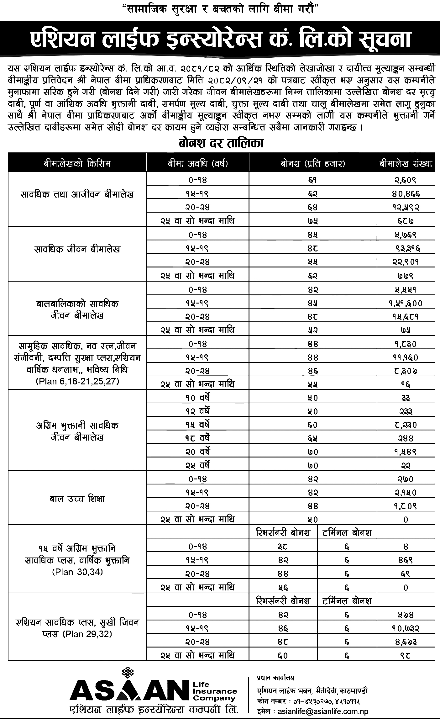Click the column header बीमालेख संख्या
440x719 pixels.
pyautogui.click(x=406, y=164)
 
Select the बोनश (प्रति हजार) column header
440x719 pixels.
pyautogui.click(x=312, y=164)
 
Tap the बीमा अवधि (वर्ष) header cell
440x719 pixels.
pyautogui.click(x=197, y=164)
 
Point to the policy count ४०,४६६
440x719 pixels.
pyautogui.click(x=406, y=194)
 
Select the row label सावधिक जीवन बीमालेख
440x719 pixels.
pyautogui.click(x=77, y=249)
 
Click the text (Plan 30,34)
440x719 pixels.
pyautogui.click(x=77, y=572)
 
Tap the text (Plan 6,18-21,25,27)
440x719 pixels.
pyautogui.click(x=77, y=382)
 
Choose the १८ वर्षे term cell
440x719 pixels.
pyautogui.click(x=197, y=438)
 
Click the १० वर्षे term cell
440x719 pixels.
pyautogui.click(x=197, y=398)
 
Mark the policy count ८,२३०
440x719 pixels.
pyautogui.click(x=406, y=425)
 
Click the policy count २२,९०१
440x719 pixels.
pyautogui.click(x=406, y=262)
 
